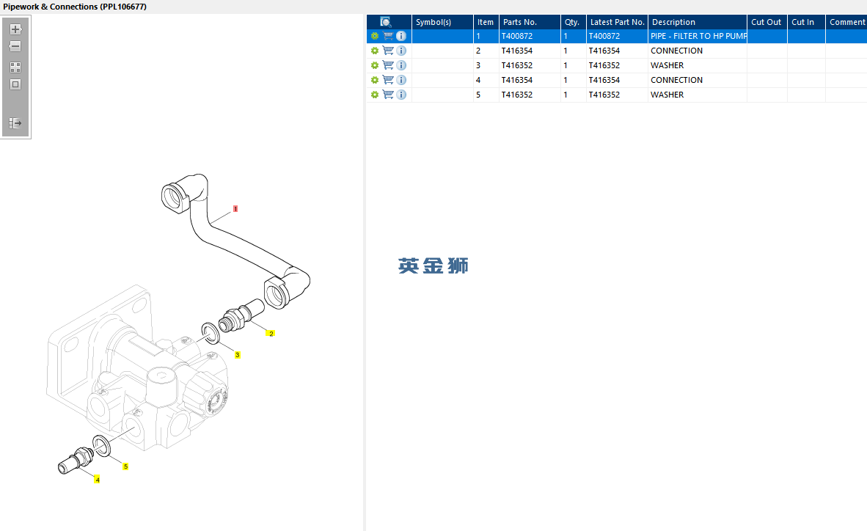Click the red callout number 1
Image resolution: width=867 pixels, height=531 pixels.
[235, 209]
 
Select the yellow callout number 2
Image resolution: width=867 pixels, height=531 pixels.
[271, 334]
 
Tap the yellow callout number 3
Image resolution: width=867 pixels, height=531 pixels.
[237, 355]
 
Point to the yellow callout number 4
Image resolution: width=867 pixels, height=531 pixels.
[98, 480]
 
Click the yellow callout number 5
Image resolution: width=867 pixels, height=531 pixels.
[125, 466]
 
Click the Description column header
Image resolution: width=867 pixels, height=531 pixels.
[673, 22]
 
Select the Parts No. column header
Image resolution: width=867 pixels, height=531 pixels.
[520, 22]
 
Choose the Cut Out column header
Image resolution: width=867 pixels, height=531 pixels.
[766, 22]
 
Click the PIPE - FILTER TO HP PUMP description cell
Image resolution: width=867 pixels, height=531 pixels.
[698, 36]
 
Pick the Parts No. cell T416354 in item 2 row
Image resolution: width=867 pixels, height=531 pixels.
[517, 51]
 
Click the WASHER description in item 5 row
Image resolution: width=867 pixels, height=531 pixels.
[667, 95]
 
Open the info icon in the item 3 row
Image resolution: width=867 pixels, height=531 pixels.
[401, 65]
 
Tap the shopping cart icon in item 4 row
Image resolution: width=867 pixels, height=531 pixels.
[388, 80]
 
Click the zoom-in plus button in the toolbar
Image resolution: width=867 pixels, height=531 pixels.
[15, 29]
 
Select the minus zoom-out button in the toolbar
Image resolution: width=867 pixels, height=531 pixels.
[15, 46]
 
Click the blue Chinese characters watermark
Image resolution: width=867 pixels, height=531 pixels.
[433, 266]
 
